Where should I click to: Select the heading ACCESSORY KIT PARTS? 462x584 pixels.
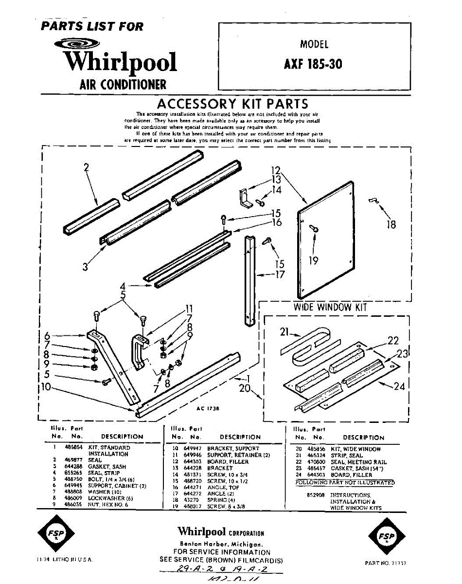tap(232, 104)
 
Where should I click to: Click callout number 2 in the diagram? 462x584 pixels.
tap(86, 168)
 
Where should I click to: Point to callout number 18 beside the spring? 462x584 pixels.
tap(391, 224)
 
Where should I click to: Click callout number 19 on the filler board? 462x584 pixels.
tap(314, 261)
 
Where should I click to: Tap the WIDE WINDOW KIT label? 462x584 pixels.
tap(330, 307)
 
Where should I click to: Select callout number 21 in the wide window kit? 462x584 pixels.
tap(285, 332)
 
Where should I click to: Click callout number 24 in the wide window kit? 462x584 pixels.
tap(399, 387)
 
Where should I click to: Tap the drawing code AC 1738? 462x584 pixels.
tap(207, 409)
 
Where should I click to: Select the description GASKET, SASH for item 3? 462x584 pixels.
tap(107, 467)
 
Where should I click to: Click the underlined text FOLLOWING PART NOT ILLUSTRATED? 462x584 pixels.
tap(345, 483)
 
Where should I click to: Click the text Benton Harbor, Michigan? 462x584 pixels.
tap(222, 544)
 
